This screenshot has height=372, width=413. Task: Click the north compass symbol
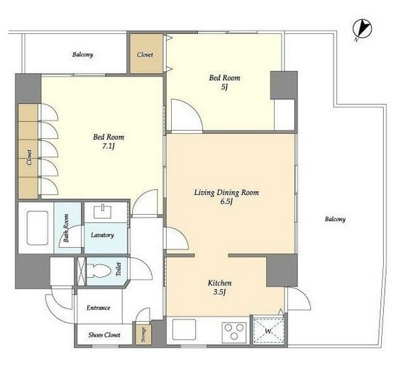point(363,30)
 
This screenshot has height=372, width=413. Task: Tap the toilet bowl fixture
point(99,271)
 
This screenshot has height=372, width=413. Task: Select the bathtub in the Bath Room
point(38,228)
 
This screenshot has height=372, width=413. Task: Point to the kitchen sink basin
point(184,329)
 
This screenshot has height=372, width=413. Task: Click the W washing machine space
point(269,331)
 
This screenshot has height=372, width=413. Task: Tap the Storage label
point(143,334)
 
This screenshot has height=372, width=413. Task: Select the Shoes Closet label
point(104,335)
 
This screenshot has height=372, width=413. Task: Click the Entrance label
point(98,308)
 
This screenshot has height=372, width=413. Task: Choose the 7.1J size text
point(109,147)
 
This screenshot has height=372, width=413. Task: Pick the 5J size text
point(224,87)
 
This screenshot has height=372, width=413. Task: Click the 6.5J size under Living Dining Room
point(226,202)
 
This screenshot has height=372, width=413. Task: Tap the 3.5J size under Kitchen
point(220,292)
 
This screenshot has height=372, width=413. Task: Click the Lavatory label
point(102,235)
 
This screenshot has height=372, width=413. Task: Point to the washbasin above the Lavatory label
point(103,211)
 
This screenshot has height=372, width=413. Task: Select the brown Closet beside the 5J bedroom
point(146,54)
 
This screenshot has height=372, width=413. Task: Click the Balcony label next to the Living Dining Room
point(335,219)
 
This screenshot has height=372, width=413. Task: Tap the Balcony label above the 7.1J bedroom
point(83,55)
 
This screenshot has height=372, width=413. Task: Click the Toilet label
point(119,269)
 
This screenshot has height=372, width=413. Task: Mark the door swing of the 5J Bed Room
point(194,108)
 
